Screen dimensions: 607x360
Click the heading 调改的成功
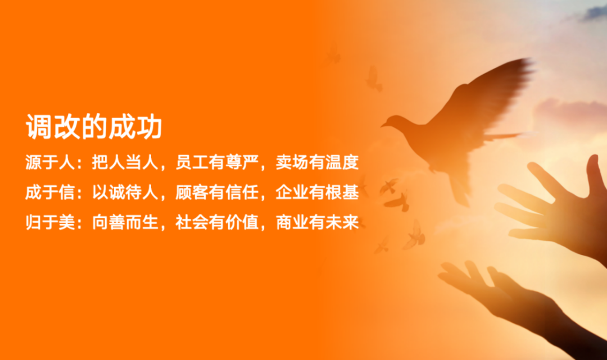[94, 126]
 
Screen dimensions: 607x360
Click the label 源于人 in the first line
[51, 162]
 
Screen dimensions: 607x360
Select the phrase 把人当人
[125, 162]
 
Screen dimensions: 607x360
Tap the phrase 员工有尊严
[217, 162]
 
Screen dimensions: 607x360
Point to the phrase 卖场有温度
[318, 162]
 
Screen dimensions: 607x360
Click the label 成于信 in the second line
[51, 192]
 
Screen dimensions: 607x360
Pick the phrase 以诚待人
[125, 192]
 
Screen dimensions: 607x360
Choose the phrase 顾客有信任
[217, 192]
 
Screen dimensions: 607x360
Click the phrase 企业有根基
[318, 192]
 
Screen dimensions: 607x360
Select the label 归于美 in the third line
[51, 222]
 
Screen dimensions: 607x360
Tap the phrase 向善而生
[125, 222]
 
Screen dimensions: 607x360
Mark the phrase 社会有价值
[217, 222]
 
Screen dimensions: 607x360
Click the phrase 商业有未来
[318, 222]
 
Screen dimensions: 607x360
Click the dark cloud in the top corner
[594, 13]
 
